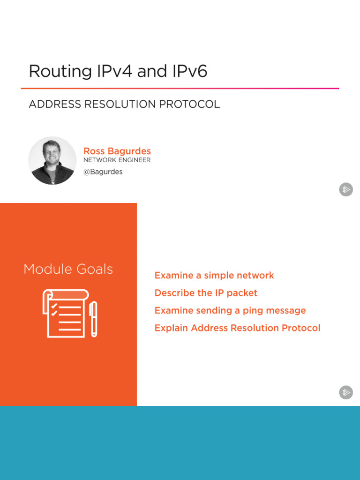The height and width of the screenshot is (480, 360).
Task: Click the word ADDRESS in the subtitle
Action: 55,105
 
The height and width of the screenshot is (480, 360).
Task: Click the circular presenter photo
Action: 52,161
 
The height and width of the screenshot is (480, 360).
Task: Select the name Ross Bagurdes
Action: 117,151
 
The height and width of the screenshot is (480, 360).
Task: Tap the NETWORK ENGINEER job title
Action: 117,160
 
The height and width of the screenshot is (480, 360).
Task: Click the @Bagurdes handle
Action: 103,172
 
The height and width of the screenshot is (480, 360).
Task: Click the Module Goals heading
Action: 68,269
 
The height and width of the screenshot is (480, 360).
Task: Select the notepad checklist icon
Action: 64,313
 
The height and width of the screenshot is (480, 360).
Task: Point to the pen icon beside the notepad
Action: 94,319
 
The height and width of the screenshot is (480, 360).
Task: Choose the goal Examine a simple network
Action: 214,276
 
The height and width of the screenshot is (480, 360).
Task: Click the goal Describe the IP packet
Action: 206,293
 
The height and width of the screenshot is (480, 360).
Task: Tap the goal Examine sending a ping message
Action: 230,310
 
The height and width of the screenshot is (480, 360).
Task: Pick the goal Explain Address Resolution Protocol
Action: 238,328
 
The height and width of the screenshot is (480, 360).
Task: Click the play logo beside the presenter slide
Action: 346,190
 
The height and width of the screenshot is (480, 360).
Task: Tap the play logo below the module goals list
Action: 346,392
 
